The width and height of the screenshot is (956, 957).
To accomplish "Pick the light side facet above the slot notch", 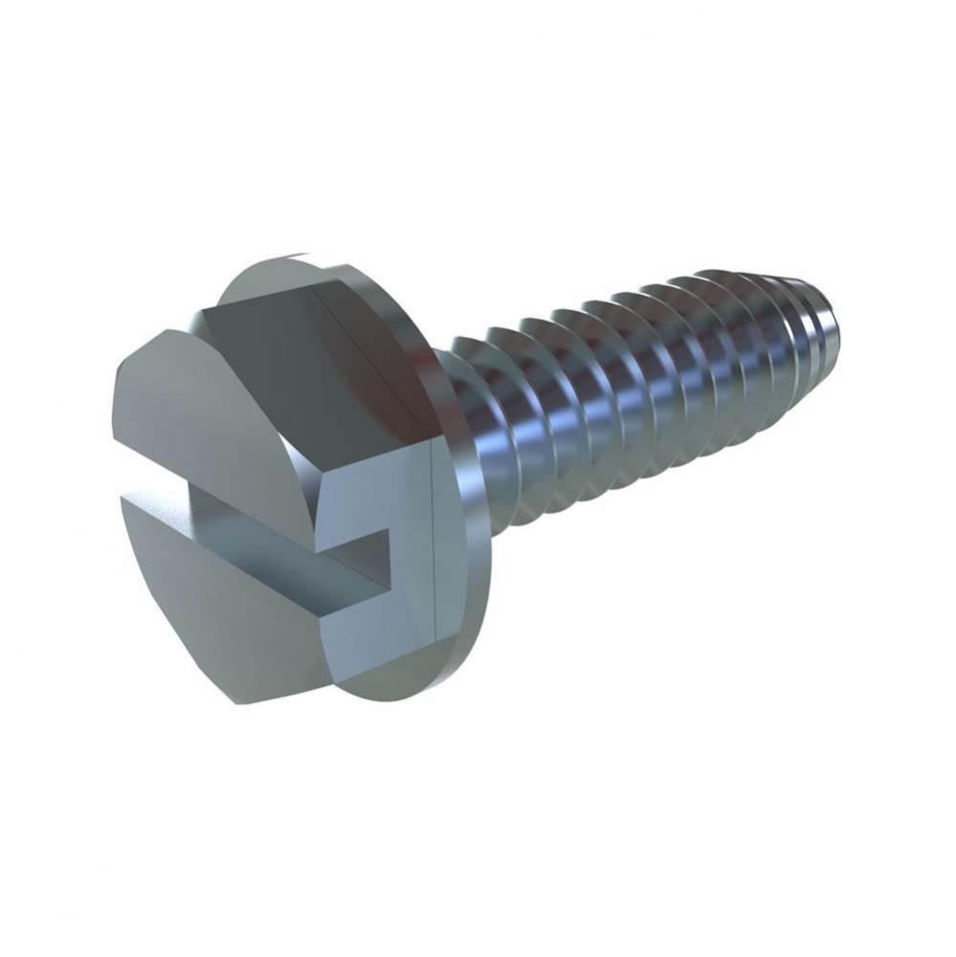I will (373, 478).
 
